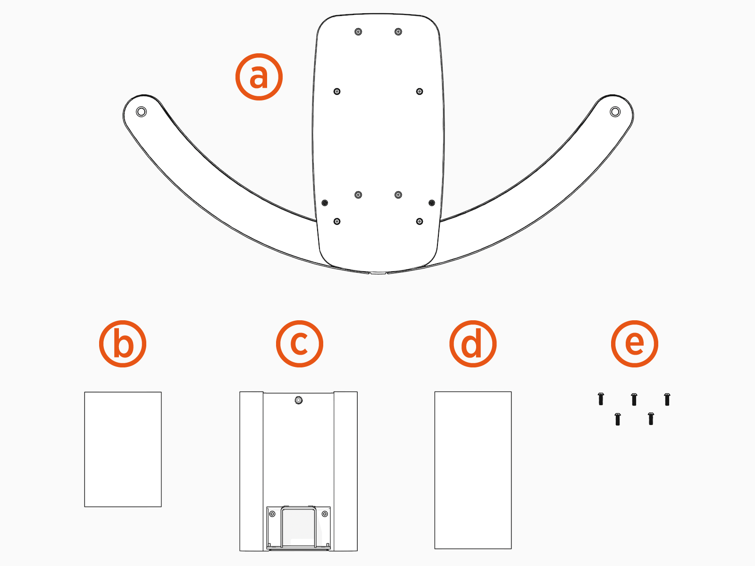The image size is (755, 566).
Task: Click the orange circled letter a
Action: tap(259, 77)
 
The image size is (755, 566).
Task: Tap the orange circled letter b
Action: tap(123, 344)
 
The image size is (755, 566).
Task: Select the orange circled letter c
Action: tap(300, 344)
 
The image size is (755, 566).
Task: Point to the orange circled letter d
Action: tap(473, 344)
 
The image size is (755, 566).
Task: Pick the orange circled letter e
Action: tap(635, 344)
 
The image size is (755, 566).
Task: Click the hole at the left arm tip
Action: tap(141, 112)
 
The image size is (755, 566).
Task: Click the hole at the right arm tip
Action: tap(615, 112)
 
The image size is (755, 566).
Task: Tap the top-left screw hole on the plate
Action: tap(358, 32)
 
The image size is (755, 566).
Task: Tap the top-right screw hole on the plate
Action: tap(398, 32)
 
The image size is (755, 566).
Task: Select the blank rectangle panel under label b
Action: tap(123, 449)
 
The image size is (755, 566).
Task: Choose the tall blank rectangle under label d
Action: tap(473, 470)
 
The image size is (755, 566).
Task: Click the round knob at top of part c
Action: tap(298, 400)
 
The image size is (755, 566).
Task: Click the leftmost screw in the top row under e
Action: tap(601, 399)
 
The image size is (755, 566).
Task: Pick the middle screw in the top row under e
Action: tap(634, 400)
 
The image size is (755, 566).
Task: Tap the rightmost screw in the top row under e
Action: tap(667, 399)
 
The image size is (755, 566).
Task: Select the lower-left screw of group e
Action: tap(618, 419)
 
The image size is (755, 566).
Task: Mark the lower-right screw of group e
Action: tap(651, 418)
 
